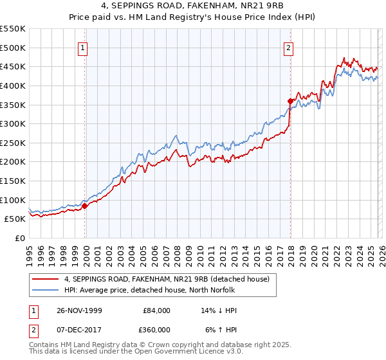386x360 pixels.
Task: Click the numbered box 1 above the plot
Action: pyautogui.click(x=84, y=47)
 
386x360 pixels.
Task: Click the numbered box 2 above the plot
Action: pyautogui.click(x=289, y=47)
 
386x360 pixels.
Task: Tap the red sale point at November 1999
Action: pyautogui.click(x=84, y=206)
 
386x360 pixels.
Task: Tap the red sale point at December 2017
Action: pyautogui.click(x=290, y=101)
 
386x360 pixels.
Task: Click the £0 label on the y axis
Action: pyautogui.click(x=21, y=238)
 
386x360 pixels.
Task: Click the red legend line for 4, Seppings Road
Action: pyautogui.click(x=46, y=279)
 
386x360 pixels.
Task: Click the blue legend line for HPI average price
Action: pyautogui.click(x=46, y=290)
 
